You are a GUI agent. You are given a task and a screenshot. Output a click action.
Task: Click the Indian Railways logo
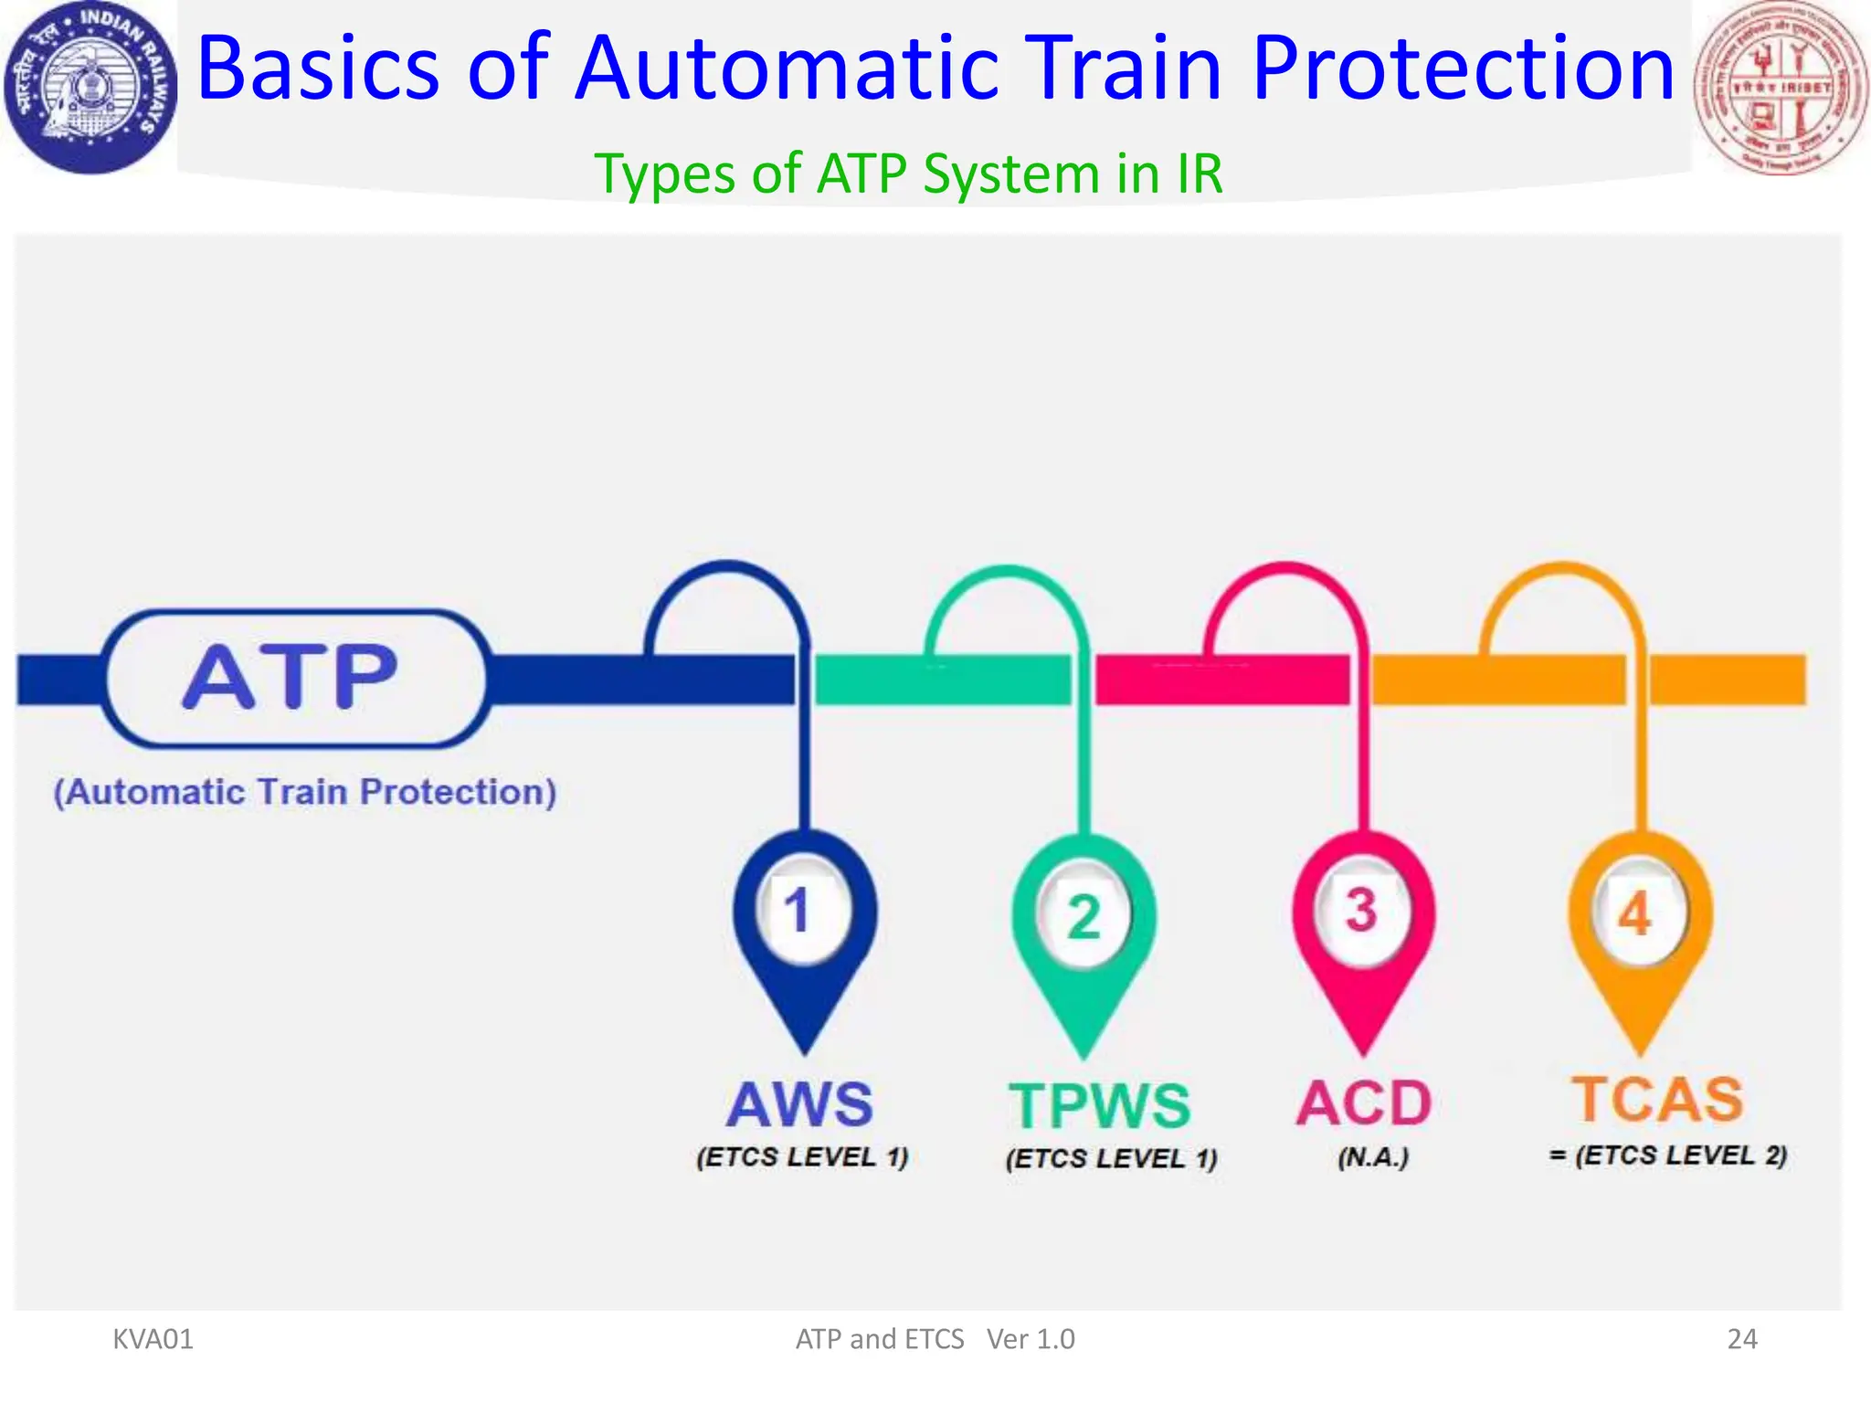point(90,88)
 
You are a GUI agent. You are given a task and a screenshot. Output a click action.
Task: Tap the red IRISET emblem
point(1780,88)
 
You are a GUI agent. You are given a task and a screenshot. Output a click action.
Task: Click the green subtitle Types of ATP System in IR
point(908,174)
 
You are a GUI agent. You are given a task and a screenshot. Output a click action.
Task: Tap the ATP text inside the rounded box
point(291,678)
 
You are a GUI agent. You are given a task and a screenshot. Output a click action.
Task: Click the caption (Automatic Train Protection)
point(305,792)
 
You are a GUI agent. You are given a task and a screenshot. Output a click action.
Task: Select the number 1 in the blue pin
point(798,911)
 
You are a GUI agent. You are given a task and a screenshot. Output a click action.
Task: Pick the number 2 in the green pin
point(1083,916)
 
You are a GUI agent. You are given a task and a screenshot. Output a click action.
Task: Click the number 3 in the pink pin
point(1360,911)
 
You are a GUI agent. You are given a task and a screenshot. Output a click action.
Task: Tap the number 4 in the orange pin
point(1635,913)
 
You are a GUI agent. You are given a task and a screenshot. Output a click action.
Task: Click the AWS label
point(800,1105)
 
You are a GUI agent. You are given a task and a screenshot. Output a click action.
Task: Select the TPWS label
point(1099,1106)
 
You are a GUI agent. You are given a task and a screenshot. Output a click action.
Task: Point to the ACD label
point(1364,1103)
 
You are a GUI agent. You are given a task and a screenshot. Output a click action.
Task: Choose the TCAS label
point(1657,1099)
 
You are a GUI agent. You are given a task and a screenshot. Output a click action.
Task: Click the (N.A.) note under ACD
point(1373,1158)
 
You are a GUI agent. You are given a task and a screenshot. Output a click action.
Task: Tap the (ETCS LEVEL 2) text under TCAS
point(1679,1155)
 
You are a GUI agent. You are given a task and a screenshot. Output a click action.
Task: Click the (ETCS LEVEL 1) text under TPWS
point(1111,1159)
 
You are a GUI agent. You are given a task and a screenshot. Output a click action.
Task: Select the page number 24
point(1742,1339)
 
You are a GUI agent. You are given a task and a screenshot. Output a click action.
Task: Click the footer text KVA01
point(153,1339)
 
